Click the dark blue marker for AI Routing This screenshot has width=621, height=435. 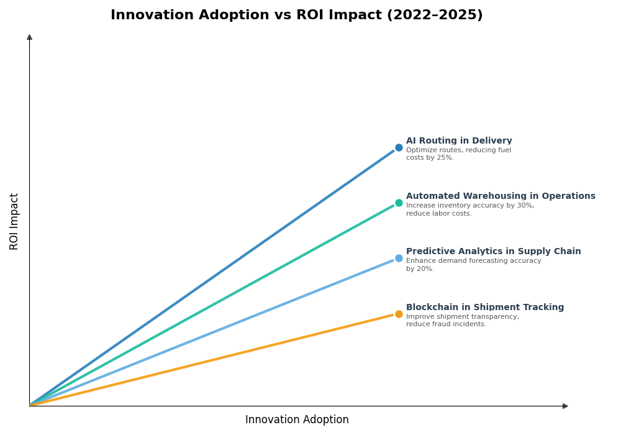[399, 148]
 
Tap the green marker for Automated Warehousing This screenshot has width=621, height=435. [399, 203]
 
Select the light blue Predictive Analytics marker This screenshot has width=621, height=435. [399, 259]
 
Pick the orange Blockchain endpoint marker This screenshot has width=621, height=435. [399, 314]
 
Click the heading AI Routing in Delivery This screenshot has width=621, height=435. [459, 141]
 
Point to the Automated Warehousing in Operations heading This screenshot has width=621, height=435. [501, 196]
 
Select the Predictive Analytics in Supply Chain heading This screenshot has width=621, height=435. [493, 252]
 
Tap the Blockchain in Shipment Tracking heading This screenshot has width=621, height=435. [485, 308]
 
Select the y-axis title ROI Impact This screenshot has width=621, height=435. [14, 221]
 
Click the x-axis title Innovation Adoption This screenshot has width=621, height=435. [297, 420]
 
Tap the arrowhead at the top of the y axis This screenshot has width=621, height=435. [29, 37]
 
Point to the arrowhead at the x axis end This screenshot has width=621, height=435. [565, 406]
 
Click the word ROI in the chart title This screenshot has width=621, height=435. [310, 16]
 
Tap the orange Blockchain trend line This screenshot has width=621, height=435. [211, 360]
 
